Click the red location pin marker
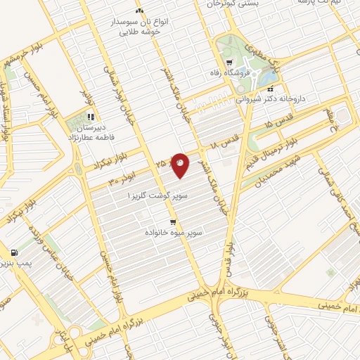coord(181,165)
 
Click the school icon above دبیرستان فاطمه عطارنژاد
coord(91,117)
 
